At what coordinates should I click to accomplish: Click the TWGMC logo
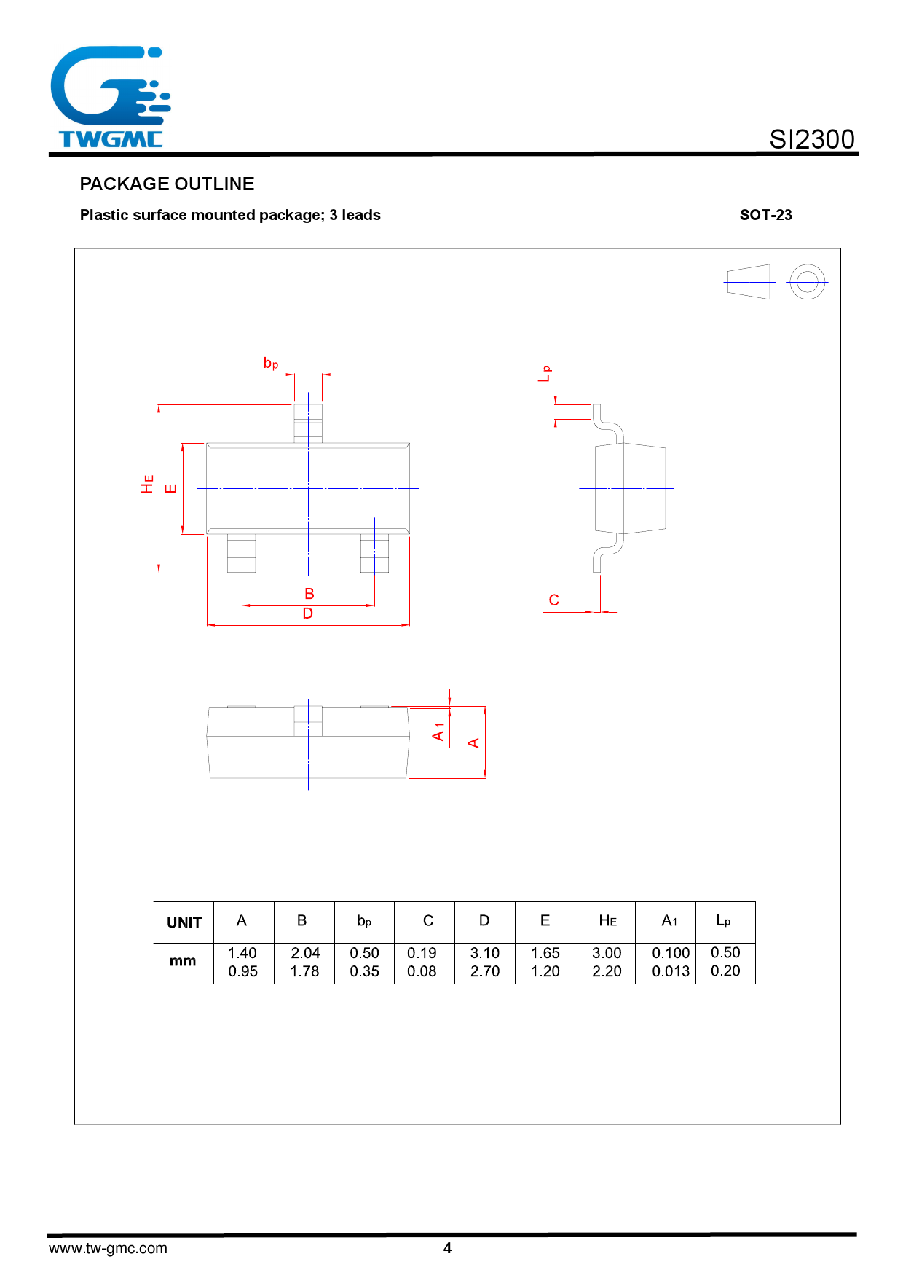click(110, 98)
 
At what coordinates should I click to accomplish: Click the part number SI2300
click(811, 139)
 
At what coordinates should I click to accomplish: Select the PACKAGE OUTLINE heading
click(167, 184)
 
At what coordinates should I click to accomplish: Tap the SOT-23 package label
click(765, 215)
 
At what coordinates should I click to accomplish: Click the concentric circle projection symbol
click(807, 282)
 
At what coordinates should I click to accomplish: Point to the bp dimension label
click(271, 363)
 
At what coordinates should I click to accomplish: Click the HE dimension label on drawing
click(148, 484)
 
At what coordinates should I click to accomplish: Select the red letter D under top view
click(307, 614)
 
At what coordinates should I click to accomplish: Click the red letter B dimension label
click(309, 594)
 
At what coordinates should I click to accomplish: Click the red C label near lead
click(553, 600)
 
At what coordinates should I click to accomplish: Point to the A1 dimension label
click(438, 732)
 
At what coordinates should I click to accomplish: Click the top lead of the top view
click(308, 423)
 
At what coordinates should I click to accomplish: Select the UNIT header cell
click(184, 922)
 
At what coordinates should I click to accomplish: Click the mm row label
click(183, 962)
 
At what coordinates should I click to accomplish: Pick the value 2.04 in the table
click(305, 953)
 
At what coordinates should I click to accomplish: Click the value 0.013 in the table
click(670, 971)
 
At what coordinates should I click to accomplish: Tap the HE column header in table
click(607, 921)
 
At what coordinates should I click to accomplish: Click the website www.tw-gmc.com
click(108, 1248)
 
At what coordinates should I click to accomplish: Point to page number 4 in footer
click(447, 1248)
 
